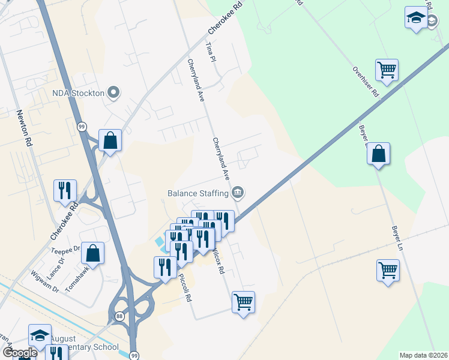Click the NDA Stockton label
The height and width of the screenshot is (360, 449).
tap(78, 92)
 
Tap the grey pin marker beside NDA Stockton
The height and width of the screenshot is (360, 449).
tap(113, 92)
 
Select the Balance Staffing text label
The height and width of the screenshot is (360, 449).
tap(197, 193)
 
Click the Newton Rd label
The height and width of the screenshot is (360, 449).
tap(24, 128)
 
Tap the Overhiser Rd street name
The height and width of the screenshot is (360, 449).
tap(366, 83)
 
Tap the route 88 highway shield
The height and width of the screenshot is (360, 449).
tap(119, 316)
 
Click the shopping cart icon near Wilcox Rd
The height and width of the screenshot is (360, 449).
tap(243, 302)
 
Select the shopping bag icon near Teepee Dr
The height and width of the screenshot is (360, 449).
tap(93, 253)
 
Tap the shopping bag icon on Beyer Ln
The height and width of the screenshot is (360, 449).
tap(379, 154)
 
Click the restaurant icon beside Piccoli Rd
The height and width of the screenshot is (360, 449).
tap(164, 267)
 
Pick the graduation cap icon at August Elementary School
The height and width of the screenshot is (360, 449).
tap(40, 335)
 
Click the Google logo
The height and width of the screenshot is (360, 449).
tap(20, 353)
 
